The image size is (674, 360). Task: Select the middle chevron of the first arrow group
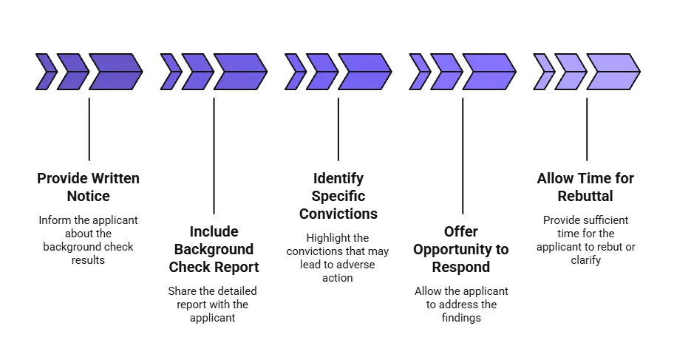point(72,72)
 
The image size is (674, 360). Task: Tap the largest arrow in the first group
point(115,72)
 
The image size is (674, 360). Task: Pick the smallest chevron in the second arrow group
point(170,72)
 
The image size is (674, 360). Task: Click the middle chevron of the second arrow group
point(197,72)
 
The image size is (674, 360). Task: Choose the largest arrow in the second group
point(239,72)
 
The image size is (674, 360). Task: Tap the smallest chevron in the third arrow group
point(295,72)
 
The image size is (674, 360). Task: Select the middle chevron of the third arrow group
point(321,72)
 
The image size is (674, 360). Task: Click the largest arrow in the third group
point(364,72)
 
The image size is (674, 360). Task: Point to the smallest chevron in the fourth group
point(419,72)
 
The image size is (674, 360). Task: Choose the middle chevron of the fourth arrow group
point(446,72)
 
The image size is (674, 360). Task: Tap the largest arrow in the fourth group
point(488,72)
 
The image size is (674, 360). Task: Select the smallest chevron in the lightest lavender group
point(544,72)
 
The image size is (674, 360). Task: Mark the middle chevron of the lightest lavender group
point(571,72)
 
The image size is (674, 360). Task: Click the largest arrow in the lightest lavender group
point(613,72)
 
